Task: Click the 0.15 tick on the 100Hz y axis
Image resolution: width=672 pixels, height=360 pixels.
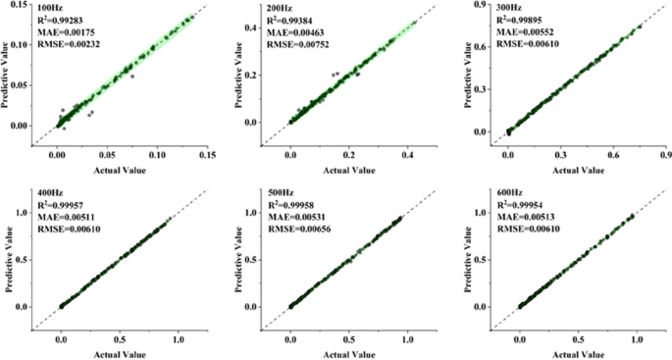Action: click(x=18, y=5)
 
